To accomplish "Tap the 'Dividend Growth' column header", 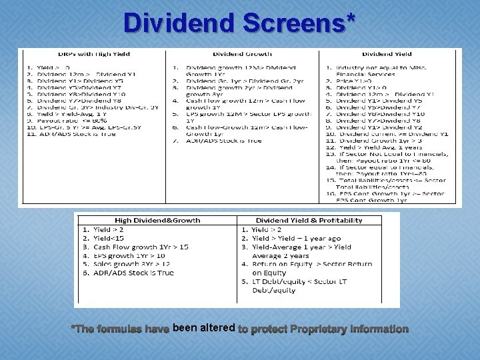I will (x=243, y=54).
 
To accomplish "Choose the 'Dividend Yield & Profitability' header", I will (x=309, y=220).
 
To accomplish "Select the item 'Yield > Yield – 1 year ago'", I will (x=296, y=238).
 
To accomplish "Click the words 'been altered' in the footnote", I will (x=203, y=328).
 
